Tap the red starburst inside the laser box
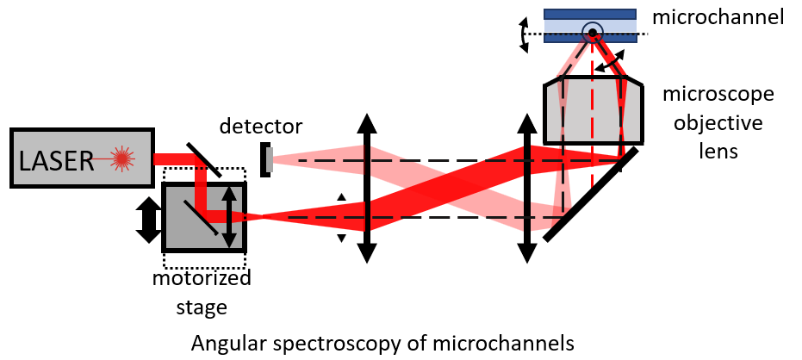123,158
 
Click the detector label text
261,127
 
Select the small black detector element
267,159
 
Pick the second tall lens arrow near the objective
525,188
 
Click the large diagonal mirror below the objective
591,193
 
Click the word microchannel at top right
718,16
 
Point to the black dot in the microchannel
592,34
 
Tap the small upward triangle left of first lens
341,197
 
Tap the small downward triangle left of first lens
341,238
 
